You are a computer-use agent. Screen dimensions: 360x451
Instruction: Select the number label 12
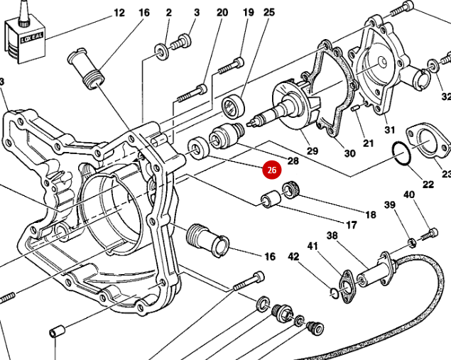click(x=119, y=13)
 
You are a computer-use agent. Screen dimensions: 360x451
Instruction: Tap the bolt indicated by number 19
click(x=229, y=68)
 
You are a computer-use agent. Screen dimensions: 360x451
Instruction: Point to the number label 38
click(x=332, y=236)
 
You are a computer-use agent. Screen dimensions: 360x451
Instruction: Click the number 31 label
click(x=389, y=129)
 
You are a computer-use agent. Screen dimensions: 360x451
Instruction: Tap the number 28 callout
click(x=293, y=161)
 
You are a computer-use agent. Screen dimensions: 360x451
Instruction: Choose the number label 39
click(x=389, y=205)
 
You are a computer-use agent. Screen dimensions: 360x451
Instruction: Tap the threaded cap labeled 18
click(x=290, y=190)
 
